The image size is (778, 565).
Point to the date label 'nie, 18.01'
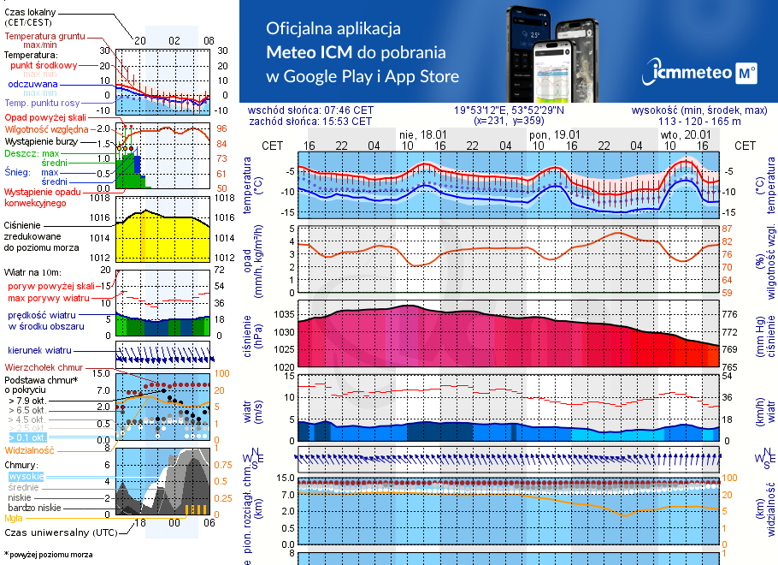click(x=423, y=134)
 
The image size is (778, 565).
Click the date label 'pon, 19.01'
click(x=555, y=134)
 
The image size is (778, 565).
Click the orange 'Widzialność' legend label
click(x=29, y=449)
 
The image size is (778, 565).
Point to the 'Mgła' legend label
click(x=14, y=518)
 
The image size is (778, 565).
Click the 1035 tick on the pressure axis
click(x=284, y=315)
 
